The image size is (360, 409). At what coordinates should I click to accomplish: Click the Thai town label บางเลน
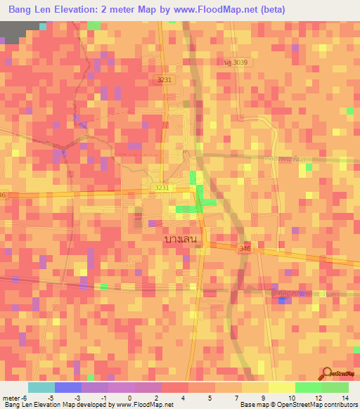[179, 239]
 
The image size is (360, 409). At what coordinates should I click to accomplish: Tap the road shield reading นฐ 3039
[236, 63]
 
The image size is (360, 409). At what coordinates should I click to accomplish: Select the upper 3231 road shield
[165, 80]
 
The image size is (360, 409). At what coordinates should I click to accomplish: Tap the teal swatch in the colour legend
[41, 387]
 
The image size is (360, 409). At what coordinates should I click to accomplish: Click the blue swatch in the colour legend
[67, 387]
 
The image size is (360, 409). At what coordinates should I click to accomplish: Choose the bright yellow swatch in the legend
[281, 387]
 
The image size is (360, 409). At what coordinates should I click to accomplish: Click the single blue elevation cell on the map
[282, 301]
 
